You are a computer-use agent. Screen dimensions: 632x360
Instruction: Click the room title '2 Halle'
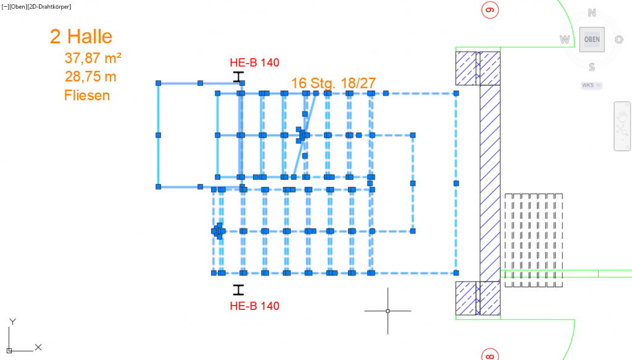tap(81, 36)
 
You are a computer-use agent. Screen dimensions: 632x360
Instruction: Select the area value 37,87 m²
tap(93, 58)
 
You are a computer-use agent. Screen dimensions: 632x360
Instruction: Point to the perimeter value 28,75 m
tap(90, 77)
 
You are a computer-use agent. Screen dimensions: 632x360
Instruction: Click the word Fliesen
tap(87, 96)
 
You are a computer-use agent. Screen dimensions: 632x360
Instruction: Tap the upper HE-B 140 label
tap(254, 62)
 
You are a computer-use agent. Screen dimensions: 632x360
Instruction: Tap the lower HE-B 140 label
tap(254, 306)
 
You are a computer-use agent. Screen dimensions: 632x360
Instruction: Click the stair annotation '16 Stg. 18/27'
tap(333, 83)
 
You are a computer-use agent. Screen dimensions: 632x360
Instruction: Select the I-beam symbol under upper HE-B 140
tap(238, 77)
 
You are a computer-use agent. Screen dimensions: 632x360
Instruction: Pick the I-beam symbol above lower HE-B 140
tap(238, 290)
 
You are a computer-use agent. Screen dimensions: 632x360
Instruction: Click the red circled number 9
tap(490, 10)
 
